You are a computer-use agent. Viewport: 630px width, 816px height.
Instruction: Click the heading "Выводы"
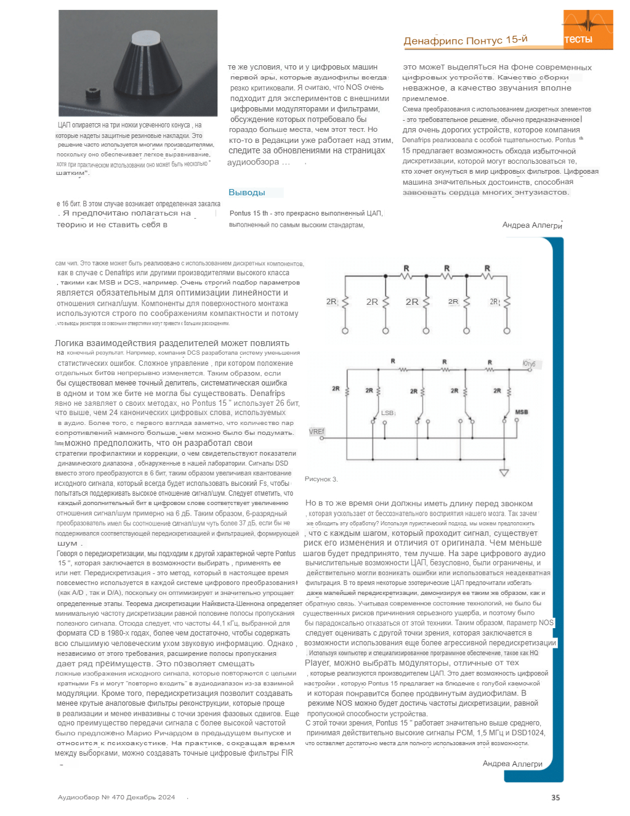247,192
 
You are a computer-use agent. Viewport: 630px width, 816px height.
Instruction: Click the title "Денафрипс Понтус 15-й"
466,41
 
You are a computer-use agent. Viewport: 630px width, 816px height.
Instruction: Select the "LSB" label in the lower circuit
387,413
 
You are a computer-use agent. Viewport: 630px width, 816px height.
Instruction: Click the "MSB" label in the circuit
521,411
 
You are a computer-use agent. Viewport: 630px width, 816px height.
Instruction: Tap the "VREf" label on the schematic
316,432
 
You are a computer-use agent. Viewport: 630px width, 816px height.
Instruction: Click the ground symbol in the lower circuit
504,472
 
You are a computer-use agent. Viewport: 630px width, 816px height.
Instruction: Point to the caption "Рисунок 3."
321,479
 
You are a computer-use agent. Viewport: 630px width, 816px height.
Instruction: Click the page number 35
555,798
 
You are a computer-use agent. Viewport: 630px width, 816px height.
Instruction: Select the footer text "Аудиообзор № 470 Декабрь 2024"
116,797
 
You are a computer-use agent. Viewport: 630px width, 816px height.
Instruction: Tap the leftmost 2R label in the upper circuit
332,302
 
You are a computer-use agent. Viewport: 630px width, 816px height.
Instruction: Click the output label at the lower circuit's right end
528,364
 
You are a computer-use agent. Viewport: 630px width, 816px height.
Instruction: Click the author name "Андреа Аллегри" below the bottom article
512,764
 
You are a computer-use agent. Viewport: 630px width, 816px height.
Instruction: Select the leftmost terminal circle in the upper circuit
345,331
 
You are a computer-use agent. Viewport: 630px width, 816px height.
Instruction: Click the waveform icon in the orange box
588,23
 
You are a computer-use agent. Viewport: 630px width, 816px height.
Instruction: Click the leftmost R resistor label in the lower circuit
393,362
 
